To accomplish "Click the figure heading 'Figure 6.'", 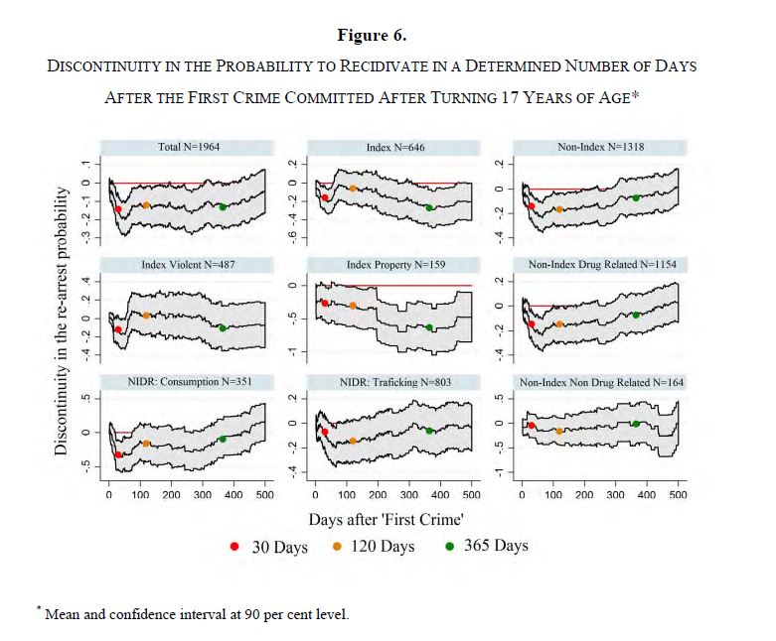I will tap(372, 35).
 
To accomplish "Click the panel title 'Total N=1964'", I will tap(189, 147).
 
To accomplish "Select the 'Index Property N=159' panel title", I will tap(393, 265).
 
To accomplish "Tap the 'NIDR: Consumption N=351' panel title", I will tap(189, 382).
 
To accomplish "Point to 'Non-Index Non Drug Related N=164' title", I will tap(601, 382).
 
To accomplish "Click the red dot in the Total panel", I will tap(118, 209).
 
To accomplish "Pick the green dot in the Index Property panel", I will tap(429, 327).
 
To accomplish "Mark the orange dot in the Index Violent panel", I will tap(146, 316).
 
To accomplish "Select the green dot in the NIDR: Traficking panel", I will tap(429, 431).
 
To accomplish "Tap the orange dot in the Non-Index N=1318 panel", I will tap(559, 209).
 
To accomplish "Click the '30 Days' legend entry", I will tap(269, 547).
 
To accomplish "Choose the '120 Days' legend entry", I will tap(373, 547).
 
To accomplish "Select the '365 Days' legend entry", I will tap(486, 546).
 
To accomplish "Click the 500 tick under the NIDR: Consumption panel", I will tap(264, 493).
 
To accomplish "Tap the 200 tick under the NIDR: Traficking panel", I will tap(378, 493).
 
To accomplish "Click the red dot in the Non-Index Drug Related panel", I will tap(532, 324).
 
